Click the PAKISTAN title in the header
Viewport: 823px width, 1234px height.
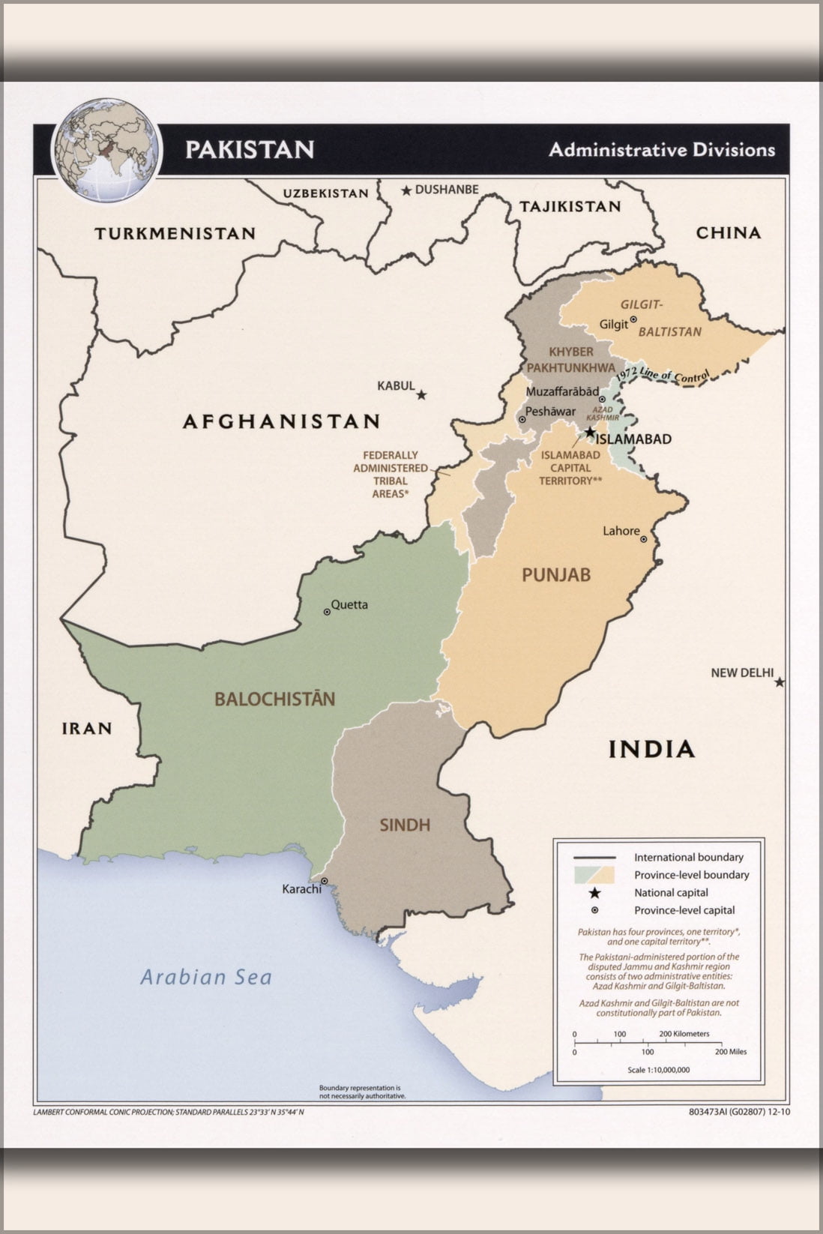coord(250,149)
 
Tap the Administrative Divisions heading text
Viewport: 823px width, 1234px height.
coord(661,149)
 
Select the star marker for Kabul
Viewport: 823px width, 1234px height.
coord(422,394)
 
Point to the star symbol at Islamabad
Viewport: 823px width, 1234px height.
coord(591,432)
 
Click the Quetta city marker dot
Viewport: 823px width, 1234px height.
coord(327,612)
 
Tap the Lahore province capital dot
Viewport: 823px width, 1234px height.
coord(643,538)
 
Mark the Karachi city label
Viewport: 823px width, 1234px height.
coord(301,889)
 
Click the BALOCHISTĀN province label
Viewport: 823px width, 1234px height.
coord(274,699)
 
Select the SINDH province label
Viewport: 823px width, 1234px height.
coord(405,825)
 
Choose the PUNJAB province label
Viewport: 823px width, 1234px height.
coord(556,575)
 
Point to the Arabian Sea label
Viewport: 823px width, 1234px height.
coord(206,977)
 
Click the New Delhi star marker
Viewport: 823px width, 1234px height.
coord(780,682)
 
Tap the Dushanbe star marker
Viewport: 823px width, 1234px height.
coord(406,190)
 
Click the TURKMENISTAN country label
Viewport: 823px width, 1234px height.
coord(175,233)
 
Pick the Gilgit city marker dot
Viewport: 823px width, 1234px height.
coord(633,319)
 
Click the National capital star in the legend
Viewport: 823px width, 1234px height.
coord(594,892)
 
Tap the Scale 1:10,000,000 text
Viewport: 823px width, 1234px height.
coord(658,1070)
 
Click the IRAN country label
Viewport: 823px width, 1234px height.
coord(87,728)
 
